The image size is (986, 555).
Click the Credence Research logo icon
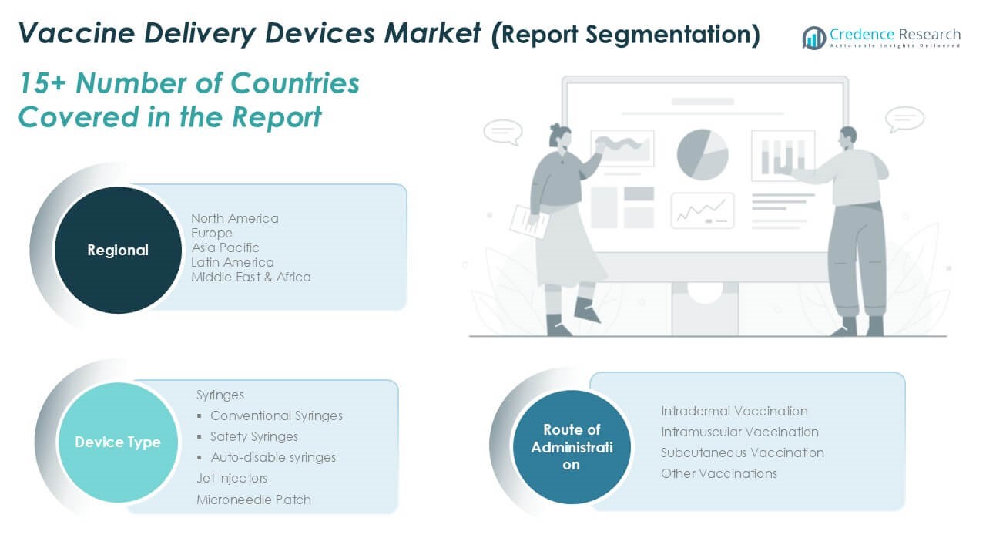click(x=814, y=38)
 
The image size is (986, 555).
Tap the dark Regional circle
click(x=118, y=250)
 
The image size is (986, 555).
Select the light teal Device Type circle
click(x=118, y=442)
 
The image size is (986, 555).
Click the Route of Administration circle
click(x=572, y=447)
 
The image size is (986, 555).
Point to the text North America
click(x=235, y=218)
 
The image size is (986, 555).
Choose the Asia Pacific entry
click(x=225, y=247)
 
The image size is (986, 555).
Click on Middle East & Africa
click(x=251, y=277)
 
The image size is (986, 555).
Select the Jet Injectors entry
click(x=232, y=479)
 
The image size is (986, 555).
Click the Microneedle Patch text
click(x=253, y=500)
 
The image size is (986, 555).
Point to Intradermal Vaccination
click(x=734, y=411)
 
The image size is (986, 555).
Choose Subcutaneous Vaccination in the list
click(x=743, y=452)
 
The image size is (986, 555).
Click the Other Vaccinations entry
click(x=719, y=473)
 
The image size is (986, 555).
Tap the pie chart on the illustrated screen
click(x=703, y=155)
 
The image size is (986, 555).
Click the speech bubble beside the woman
click(x=503, y=132)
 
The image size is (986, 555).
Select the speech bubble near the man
click(x=904, y=119)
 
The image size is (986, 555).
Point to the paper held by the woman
click(x=529, y=222)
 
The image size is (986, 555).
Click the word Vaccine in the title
click(x=76, y=33)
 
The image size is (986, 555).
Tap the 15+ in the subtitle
click(x=42, y=83)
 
